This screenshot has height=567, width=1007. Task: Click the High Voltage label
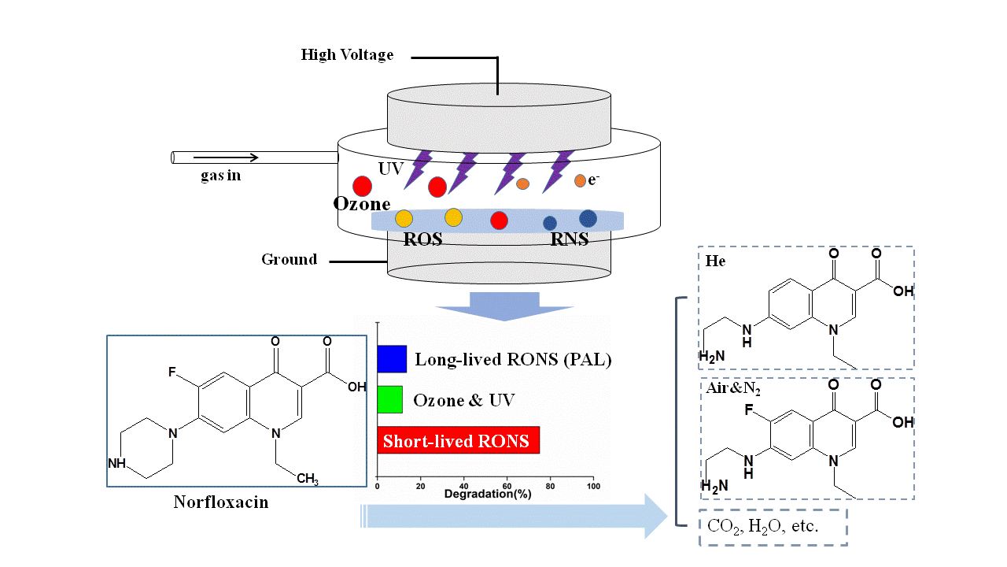[x=347, y=55]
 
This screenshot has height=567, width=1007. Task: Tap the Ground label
[x=289, y=260]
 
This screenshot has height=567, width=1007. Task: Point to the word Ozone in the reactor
[x=362, y=204]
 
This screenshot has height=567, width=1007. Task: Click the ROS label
[x=422, y=239]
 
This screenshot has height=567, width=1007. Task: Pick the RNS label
[x=570, y=239]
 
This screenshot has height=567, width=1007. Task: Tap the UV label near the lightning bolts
[x=390, y=169]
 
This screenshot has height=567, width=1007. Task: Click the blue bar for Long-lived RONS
[x=392, y=359]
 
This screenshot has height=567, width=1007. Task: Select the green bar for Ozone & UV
[x=390, y=399]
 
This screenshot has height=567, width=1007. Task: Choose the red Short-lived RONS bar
[x=459, y=440]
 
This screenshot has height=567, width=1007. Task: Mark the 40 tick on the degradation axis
[x=463, y=486]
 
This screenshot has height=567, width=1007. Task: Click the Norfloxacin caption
[x=220, y=502]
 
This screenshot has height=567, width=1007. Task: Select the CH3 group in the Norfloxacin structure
[x=308, y=479]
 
